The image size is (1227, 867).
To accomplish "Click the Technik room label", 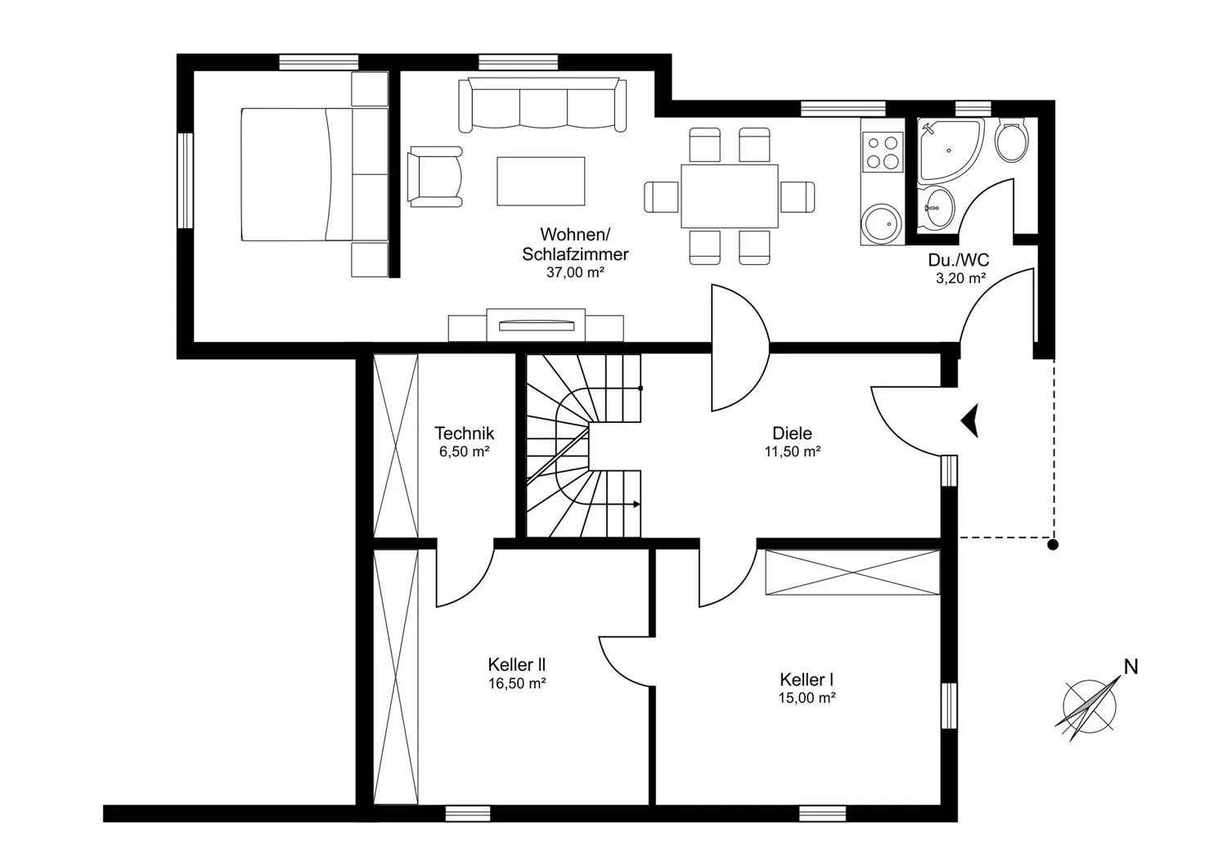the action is (465, 433).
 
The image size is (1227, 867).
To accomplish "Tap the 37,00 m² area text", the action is (575, 272).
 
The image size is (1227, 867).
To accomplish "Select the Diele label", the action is (792, 433).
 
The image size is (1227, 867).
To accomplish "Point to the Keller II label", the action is (516, 665).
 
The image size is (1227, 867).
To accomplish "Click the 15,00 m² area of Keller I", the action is (807, 698).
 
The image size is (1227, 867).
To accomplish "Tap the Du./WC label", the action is (959, 259).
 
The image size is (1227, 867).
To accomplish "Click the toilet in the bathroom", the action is (1012, 140).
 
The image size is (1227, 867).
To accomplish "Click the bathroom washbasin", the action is (937, 208).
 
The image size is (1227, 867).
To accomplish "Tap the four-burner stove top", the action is (883, 153).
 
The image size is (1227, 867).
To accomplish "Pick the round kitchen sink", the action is (882, 222).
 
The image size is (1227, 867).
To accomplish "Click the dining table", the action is (730, 196).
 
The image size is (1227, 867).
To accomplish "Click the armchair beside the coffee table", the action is (435, 177).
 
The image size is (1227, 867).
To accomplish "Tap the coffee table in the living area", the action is (541, 182).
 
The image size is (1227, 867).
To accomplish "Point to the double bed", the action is (315, 174).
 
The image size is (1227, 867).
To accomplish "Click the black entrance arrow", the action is (970, 420).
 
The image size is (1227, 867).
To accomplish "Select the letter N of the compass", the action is (1131, 667).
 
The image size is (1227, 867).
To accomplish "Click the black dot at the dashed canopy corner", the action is (1053, 545).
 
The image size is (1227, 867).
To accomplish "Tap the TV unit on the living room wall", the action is (536, 326).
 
